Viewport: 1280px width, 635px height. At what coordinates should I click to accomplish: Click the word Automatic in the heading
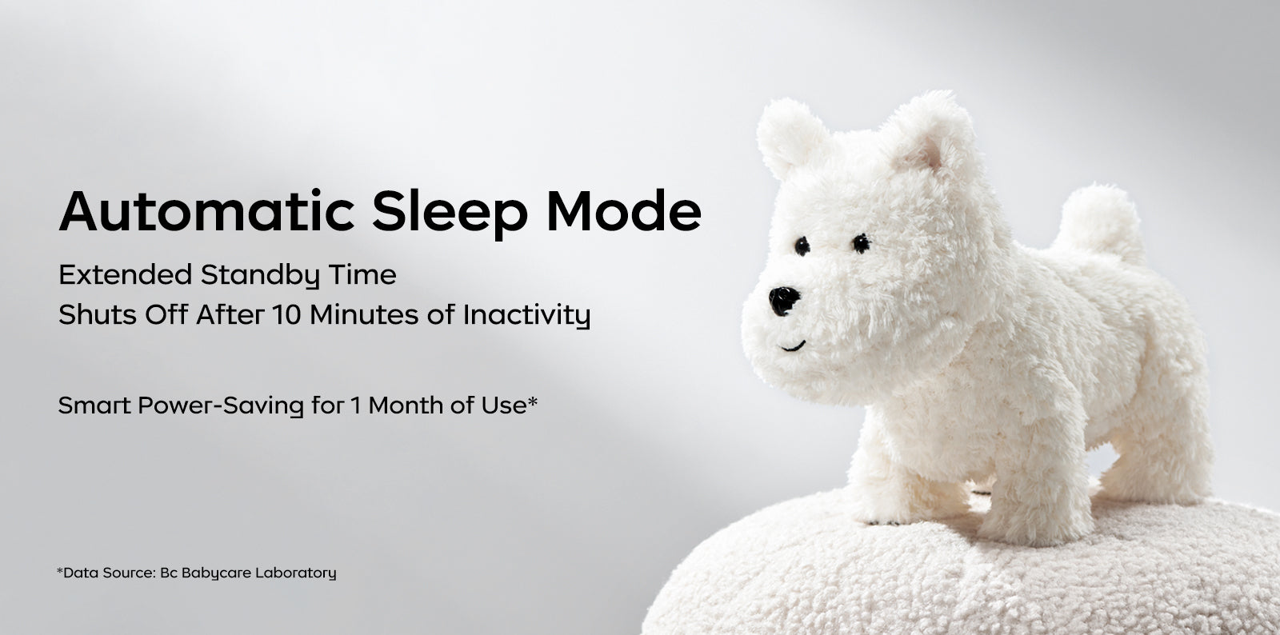207,210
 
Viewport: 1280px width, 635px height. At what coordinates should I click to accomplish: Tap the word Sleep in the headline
450,214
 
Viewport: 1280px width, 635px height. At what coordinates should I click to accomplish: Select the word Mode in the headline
624,210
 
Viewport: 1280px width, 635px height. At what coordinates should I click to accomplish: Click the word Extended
125,274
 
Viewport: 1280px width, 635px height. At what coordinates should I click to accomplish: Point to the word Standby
260,276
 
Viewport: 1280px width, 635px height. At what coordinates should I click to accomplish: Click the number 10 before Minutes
286,314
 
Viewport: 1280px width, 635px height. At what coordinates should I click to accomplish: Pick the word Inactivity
526,316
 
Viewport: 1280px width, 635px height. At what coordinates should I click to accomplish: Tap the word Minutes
364,314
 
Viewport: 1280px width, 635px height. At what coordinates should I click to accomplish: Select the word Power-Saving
221,406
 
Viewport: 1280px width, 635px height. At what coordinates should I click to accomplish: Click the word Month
406,405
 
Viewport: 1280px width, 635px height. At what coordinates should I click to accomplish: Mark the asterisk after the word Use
532,401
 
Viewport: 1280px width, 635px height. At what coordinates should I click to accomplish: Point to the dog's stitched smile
793,346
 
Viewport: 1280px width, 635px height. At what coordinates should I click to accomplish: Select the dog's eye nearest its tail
861,243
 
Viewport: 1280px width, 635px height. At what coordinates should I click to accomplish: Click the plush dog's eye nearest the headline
802,246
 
